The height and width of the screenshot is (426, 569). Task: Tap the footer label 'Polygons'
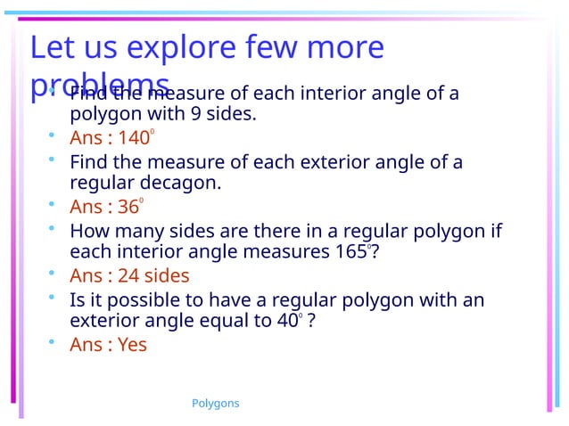[216, 404]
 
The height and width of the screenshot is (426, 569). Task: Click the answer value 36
[128, 208]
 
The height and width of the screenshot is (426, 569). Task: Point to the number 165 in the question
[348, 252]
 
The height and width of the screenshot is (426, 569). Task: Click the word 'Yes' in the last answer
[132, 345]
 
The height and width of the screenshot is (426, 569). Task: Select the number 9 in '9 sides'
[195, 114]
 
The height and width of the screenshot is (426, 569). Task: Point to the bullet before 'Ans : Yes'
[53, 342]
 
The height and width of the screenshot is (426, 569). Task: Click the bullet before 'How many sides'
[53, 229]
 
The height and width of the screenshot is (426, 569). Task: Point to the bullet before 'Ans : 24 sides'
[53, 274]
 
